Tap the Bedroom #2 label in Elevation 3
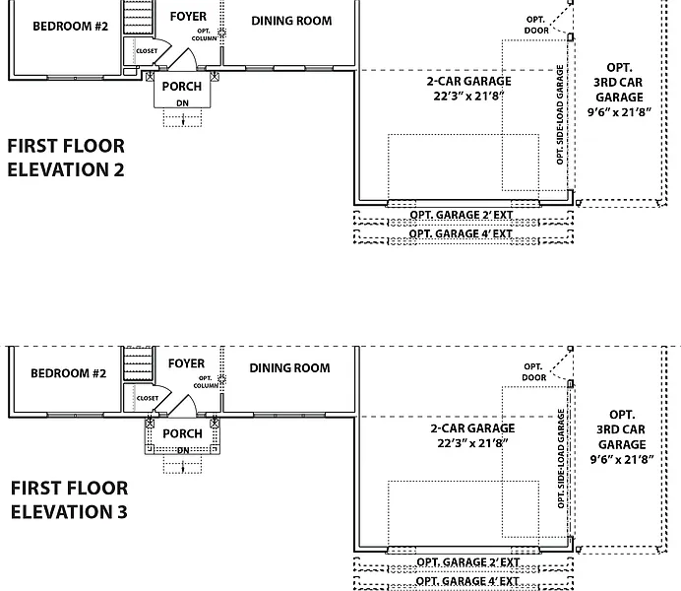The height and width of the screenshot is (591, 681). coord(68,373)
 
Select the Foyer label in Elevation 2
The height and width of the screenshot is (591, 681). coord(188,17)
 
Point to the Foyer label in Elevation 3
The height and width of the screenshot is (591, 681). coord(186,363)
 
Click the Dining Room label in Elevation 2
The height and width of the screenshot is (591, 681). coord(291,21)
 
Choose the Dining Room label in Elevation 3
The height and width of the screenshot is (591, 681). coord(289,368)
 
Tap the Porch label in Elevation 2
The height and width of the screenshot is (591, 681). coord(182,87)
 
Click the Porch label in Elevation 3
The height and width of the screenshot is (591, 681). coord(182,433)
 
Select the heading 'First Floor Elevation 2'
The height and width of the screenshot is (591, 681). coord(66,158)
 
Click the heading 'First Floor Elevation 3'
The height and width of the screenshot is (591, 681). coord(69,499)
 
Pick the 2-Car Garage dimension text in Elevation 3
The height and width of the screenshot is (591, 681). coord(472,443)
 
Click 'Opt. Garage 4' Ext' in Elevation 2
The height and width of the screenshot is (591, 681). coord(461,234)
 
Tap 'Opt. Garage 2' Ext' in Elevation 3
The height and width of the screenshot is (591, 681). coord(467,562)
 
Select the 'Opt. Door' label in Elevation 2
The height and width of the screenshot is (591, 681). coord(535,25)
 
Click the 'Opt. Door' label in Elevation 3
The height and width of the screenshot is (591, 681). coord(533,371)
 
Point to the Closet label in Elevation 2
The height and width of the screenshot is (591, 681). coord(147,51)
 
